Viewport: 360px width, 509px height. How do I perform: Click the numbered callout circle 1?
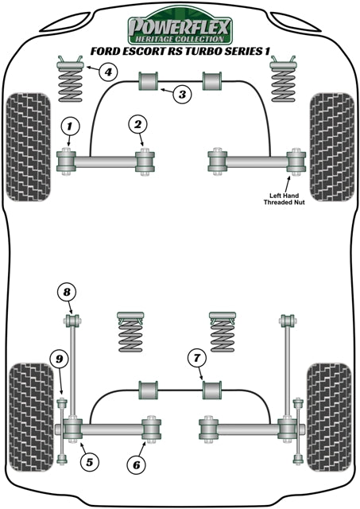(x=70, y=126)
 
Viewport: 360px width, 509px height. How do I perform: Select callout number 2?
(x=138, y=125)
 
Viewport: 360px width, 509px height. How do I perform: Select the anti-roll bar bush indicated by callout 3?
(x=149, y=81)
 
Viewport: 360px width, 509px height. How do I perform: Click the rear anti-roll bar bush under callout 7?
(x=211, y=391)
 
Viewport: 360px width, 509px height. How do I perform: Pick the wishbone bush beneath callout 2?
(x=144, y=162)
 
